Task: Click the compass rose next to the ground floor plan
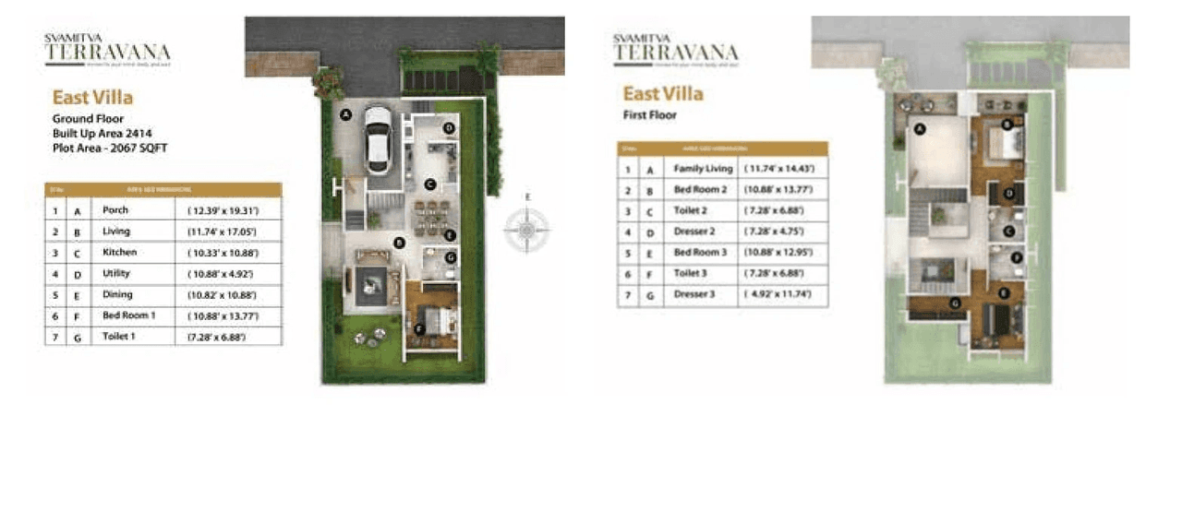click(x=527, y=227)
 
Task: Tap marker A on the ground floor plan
click(x=345, y=115)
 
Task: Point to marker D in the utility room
click(x=449, y=127)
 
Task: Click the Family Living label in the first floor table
click(x=703, y=169)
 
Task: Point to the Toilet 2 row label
click(x=693, y=210)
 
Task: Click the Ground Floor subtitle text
click(x=88, y=119)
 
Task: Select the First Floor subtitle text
click(x=650, y=115)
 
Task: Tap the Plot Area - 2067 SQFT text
click(x=110, y=148)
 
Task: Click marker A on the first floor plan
click(x=920, y=130)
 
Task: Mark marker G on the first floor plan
click(x=955, y=303)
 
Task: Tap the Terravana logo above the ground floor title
click(x=107, y=52)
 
